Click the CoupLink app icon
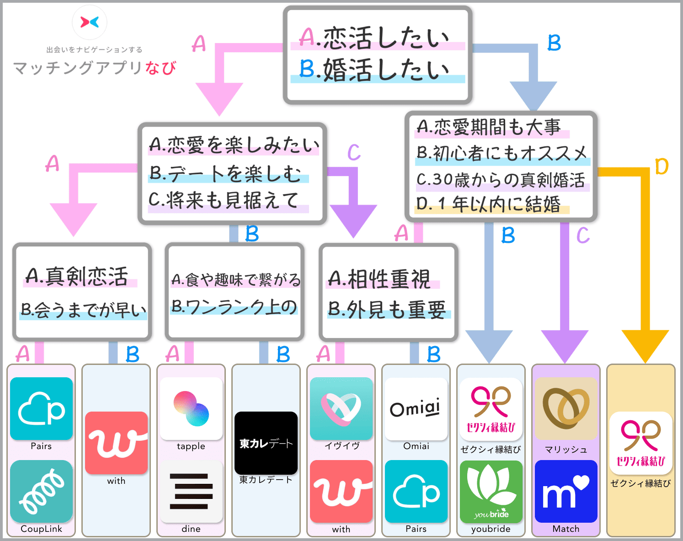click(x=41, y=491)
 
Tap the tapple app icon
click(x=191, y=408)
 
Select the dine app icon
click(x=191, y=491)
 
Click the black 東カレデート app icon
click(x=266, y=443)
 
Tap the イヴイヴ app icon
click(x=341, y=408)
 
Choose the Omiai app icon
click(x=416, y=408)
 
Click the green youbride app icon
click(x=491, y=491)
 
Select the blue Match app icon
click(x=566, y=491)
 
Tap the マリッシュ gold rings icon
click(x=566, y=408)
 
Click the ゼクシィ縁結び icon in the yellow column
click(x=641, y=443)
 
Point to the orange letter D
click(x=662, y=167)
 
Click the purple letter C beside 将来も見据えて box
click(x=354, y=152)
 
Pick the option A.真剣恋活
click(x=78, y=277)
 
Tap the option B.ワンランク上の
click(x=234, y=307)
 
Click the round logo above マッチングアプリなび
click(x=90, y=22)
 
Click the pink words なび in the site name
click(x=160, y=68)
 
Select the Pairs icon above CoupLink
click(x=41, y=408)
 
